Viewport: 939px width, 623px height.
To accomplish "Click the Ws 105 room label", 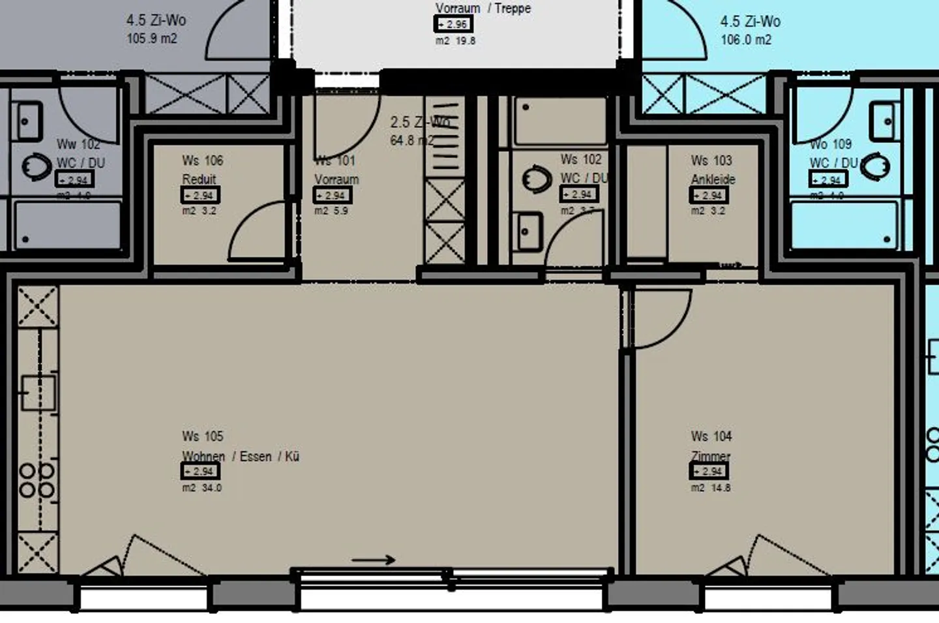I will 202,436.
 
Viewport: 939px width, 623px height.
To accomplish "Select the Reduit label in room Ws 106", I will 199,179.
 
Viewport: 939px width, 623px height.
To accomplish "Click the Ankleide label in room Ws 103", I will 713,179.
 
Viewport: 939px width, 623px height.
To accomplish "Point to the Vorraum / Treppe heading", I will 483,8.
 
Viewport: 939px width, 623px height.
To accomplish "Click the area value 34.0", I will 211,488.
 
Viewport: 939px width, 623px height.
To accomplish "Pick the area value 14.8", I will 720,488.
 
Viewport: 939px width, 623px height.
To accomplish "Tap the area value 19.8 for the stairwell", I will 465,40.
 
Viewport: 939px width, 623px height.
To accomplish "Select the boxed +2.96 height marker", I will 453,24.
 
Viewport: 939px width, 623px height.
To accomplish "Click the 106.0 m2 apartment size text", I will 745,40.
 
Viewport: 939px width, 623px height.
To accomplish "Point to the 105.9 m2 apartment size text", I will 151,38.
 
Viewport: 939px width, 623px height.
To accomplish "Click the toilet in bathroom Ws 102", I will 537,178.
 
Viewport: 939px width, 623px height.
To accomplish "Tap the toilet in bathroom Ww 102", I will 37,167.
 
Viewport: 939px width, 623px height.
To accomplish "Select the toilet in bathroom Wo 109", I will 875,166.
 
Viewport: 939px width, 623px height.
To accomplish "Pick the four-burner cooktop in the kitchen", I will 37,480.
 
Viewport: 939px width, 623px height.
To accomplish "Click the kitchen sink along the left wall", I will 37,393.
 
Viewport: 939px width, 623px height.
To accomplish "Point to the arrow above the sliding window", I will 373,560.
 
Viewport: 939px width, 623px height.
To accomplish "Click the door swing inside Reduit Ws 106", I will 258,232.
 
